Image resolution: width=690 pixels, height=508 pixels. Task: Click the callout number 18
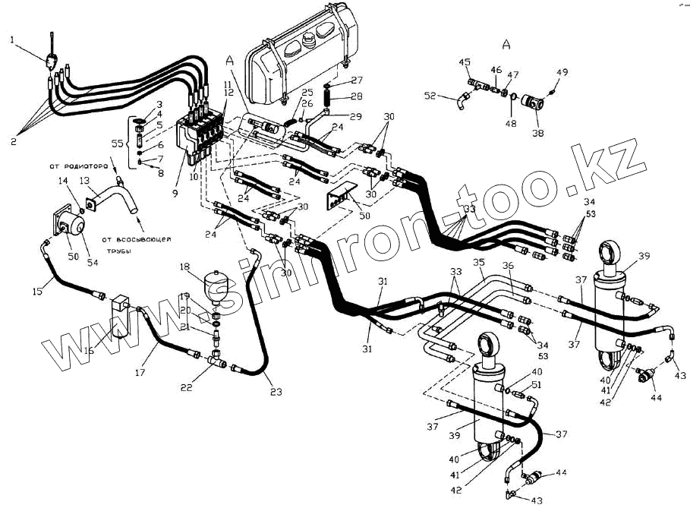pyautogui.click(x=184, y=267)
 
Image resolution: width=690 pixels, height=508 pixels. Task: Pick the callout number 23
pyautogui.click(x=275, y=393)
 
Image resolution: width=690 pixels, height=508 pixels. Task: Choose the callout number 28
pyautogui.click(x=357, y=96)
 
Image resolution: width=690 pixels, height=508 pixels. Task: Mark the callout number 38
pyautogui.click(x=538, y=131)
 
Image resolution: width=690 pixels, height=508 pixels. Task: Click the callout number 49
pyautogui.click(x=562, y=72)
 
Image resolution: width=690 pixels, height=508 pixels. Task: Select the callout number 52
pyautogui.click(x=430, y=96)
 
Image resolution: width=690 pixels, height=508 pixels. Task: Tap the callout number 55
pyautogui.click(x=118, y=143)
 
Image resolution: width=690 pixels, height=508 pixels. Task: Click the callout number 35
pyautogui.click(x=478, y=263)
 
